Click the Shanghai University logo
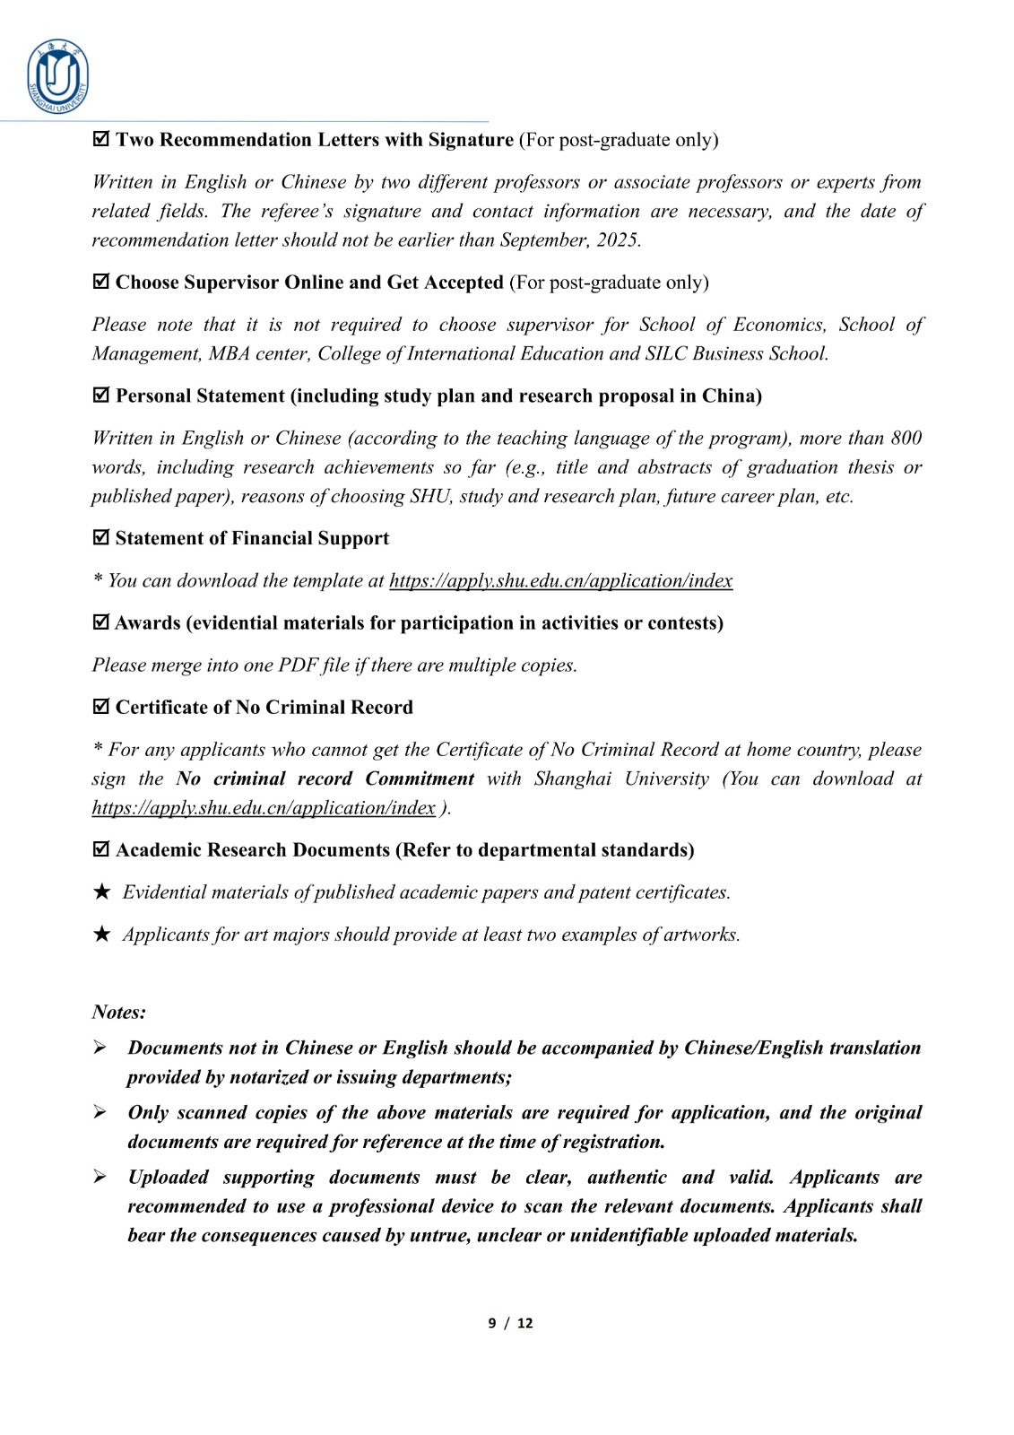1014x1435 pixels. pyautogui.click(x=58, y=77)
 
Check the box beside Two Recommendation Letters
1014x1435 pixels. pyautogui.click(x=101, y=139)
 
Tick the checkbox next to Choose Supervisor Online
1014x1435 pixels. pyautogui.click(x=101, y=282)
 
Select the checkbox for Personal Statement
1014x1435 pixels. pyautogui.click(x=101, y=396)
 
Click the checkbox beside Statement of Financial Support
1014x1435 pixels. pyautogui.click(x=101, y=538)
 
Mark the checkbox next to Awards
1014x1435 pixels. pyautogui.click(x=101, y=622)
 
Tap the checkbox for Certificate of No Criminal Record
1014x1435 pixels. pyautogui.click(x=101, y=707)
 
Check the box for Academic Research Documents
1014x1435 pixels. pyautogui.click(x=101, y=849)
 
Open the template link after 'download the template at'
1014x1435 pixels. pyautogui.click(x=560, y=581)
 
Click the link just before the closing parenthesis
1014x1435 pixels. pyautogui.click(x=264, y=808)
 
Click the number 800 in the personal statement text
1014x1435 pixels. pyautogui.click(x=906, y=439)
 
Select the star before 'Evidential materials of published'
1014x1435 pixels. pyautogui.click(x=102, y=892)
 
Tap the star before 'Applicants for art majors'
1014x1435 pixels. pyautogui.click(x=102, y=935)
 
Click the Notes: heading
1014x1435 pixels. pyautogui.click(x=118, y=1013)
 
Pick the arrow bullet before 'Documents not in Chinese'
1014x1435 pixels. pyautogui.click(x=100, y=1048)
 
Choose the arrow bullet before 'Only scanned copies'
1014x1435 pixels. pyautogui.click(x=100, y=1112)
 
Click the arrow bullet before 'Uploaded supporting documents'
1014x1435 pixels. pyautogui.click(x=100, y=1177)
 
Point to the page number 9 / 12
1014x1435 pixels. pyautogui.click(x=510, y=1323)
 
